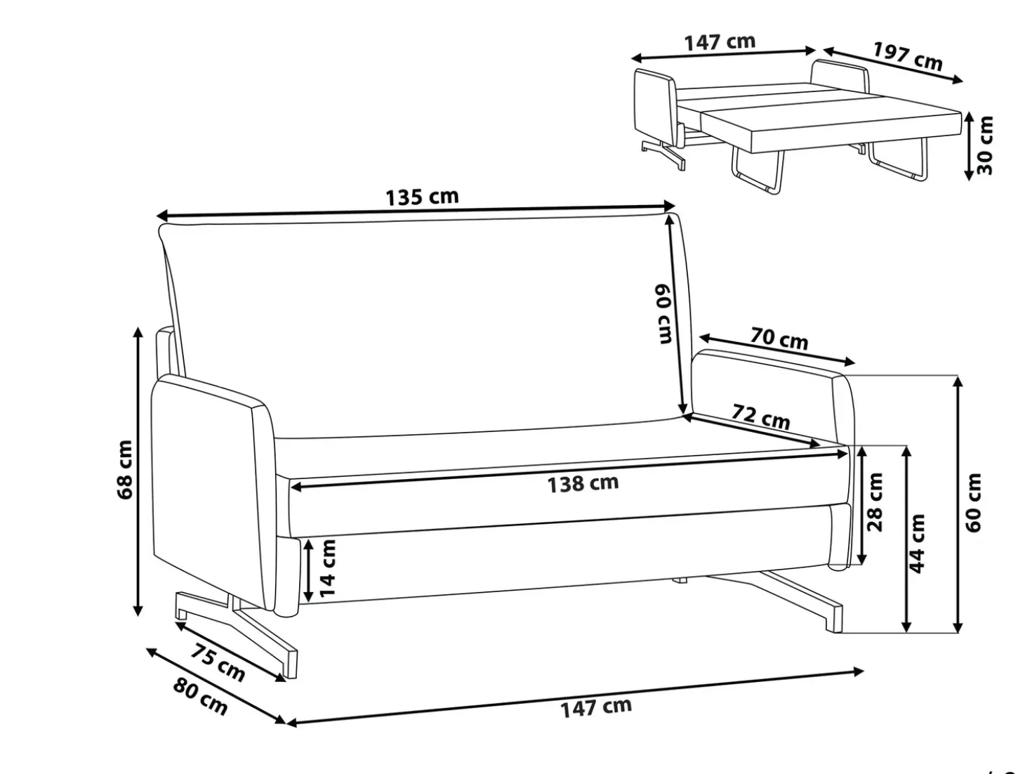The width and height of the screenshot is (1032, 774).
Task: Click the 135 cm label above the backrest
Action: tap(422, 197)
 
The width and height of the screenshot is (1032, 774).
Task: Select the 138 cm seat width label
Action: tap(583, 484)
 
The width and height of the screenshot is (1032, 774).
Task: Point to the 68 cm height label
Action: tap(125, 470)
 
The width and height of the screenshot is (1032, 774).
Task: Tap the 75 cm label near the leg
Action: tap(217, 662)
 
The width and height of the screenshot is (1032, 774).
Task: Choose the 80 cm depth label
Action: tap(200, 696)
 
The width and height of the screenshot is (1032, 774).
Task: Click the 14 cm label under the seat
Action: tap(328, 568)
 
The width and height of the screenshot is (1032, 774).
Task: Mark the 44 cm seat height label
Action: tap(916, 544)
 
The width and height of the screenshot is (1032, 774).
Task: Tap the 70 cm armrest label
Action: tap(779, 338)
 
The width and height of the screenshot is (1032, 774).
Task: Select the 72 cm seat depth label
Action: tap(761, 416)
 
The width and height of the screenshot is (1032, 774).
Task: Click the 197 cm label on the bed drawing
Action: tap(908, 56)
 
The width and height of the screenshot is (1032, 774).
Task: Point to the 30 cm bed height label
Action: tap(984, 145)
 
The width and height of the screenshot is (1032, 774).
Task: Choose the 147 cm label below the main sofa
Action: tap(596, 708)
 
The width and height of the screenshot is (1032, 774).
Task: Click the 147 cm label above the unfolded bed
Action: tap(720, 42)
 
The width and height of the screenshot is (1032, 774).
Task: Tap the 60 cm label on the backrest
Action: tap(664, 314)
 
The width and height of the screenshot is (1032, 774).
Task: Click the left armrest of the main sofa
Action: tap(214, 494)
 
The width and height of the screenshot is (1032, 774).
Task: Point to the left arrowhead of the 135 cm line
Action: tap(161, 216)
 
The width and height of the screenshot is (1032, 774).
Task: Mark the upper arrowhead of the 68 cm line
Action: tap(138, 332)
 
